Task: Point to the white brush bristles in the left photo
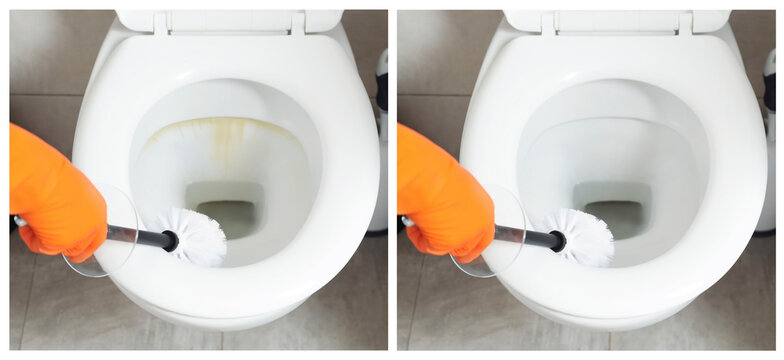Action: pyautogui.click(x=200, y=237)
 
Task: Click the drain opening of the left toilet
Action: pyautogui.click(x=229, y=214)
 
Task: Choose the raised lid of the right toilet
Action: pyautogui.click(x=616, y=20)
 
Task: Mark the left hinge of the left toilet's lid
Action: pyautogui.click(x=160, y=23)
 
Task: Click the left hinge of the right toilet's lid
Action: pyautogui.click(x=548, y=23)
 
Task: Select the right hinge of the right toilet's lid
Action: pyautogui.click(x=684, y=23)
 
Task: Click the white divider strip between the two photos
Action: pyautogui.click(x=392, y=180)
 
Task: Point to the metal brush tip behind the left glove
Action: pyautogui.click(x=19, y=221)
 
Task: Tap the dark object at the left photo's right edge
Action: pyautogui.click(x=381, y=90)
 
